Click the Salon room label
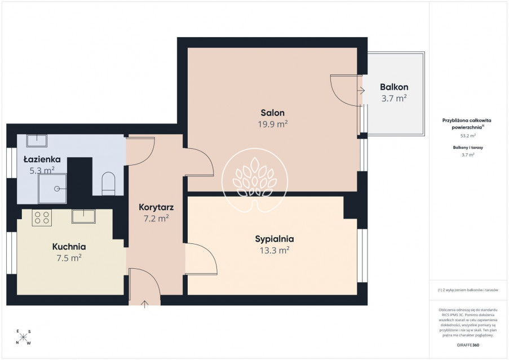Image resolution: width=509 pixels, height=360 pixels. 273,113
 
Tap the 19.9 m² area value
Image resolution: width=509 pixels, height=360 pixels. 273,124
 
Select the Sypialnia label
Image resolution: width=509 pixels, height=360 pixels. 275,239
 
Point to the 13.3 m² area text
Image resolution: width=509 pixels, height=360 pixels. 275,250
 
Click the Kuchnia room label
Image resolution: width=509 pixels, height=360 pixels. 69,247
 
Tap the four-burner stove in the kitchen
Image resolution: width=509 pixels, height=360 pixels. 42,217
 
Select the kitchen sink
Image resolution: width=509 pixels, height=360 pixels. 83,216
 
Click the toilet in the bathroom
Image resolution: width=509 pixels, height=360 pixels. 108,184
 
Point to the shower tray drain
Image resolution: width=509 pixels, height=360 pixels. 57,188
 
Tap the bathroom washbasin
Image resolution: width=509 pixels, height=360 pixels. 37,141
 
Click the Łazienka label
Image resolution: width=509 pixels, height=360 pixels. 42,159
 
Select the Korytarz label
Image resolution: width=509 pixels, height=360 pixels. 156,207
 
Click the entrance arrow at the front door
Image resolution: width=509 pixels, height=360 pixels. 144,304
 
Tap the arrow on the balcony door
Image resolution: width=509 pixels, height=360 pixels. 361,91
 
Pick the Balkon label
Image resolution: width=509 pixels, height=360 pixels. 394,87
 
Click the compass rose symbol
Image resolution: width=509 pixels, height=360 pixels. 23,337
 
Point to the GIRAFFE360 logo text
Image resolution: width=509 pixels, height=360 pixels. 468,345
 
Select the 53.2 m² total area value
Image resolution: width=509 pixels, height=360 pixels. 468,136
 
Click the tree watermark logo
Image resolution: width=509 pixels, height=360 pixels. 255,180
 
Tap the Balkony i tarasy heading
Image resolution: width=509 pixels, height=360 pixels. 468,148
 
